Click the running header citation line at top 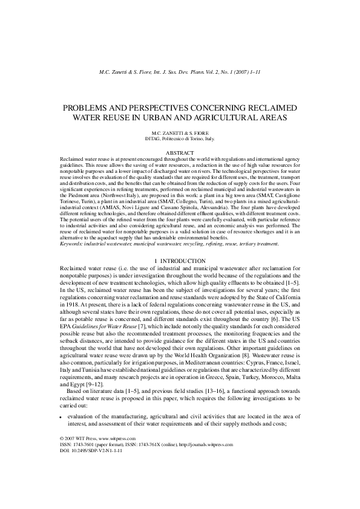click(180, 73)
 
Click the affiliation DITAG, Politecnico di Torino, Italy click(180, 138)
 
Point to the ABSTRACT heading click(180, 153)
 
